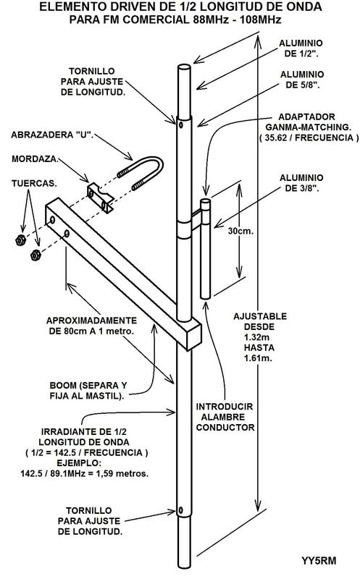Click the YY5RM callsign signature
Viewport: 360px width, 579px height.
319,561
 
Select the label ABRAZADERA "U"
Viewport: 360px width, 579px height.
51,135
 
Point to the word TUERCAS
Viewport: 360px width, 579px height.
34,184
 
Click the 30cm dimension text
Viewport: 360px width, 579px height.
240,231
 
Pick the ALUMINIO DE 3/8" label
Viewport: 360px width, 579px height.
301,183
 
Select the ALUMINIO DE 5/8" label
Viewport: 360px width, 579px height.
302,80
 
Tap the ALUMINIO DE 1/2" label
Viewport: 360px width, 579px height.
301,48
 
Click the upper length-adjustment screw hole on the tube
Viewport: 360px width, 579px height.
180,125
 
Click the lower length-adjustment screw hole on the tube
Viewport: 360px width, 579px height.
180,511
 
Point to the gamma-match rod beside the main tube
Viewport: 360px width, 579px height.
206,248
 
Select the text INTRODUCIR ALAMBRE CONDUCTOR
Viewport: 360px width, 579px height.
225,417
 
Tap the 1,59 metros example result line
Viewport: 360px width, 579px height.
85,473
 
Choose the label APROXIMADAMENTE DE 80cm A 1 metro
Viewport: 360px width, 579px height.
91,326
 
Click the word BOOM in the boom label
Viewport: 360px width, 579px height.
63,386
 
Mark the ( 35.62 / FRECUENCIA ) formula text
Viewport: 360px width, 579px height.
309,138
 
